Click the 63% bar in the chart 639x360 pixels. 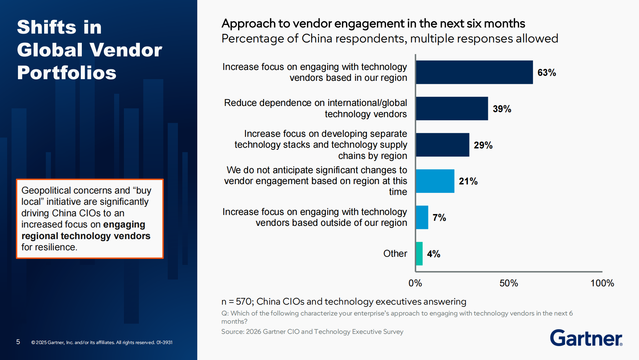pos(474,72)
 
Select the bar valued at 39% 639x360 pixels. pos(452,109)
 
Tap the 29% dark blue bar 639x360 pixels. pos(442,145)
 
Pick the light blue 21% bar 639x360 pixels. pos(435,181)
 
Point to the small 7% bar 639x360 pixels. pos(422,217)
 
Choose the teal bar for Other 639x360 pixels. pos(419,254)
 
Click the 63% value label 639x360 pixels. pos(546,73)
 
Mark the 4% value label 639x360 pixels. pos(434,254)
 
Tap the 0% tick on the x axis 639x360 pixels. pos(415,283)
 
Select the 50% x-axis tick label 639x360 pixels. pos(508,283)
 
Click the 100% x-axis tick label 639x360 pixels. pos(602,283)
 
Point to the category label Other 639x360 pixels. pos(395,254)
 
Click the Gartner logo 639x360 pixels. pos(586,338)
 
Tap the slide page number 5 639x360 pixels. pos(18,342)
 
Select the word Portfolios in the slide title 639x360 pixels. pos(67,73)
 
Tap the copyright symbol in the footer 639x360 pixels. pos(33,343)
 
